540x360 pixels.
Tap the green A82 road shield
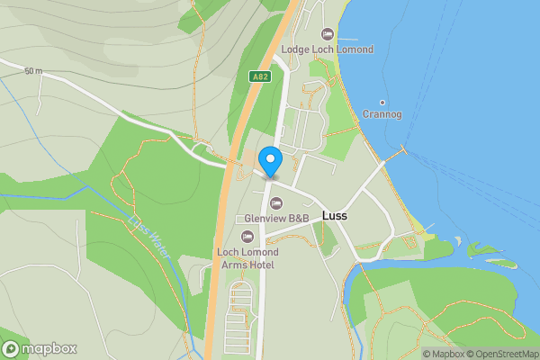pos(260,77)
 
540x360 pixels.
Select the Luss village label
pos(334,217)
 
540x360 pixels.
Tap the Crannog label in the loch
pos(382,114)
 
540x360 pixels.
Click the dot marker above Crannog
pos(382,102)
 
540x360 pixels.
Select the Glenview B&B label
pos(277,219)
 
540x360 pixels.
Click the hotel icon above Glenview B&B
pos(276,202)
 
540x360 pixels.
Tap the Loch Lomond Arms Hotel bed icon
pos(247,236)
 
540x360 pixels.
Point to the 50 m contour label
pos(33,71)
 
